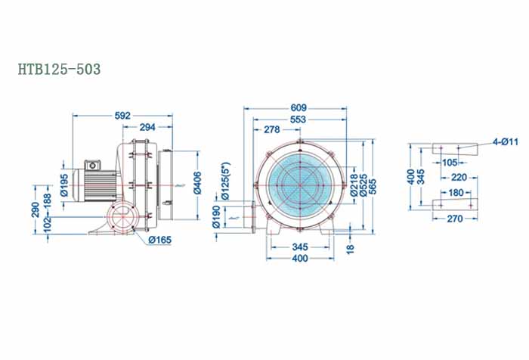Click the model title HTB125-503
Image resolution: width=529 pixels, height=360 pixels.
(x=59, y=69)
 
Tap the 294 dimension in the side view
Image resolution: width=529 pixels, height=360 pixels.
(x=147, y=127)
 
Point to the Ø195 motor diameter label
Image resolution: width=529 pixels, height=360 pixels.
(x=65, y=185)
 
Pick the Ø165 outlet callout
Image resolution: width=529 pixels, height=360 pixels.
(x=159, y=241)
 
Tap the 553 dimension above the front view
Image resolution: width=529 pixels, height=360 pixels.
(x=299, y=119)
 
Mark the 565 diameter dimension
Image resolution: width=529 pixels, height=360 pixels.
(x=371, y=185)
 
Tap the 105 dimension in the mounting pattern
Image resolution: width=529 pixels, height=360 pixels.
(x=450, y=161)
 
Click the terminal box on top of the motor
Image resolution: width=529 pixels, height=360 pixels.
(x=93, y=164)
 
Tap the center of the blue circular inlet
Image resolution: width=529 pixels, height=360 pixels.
(x=299, y=184)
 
